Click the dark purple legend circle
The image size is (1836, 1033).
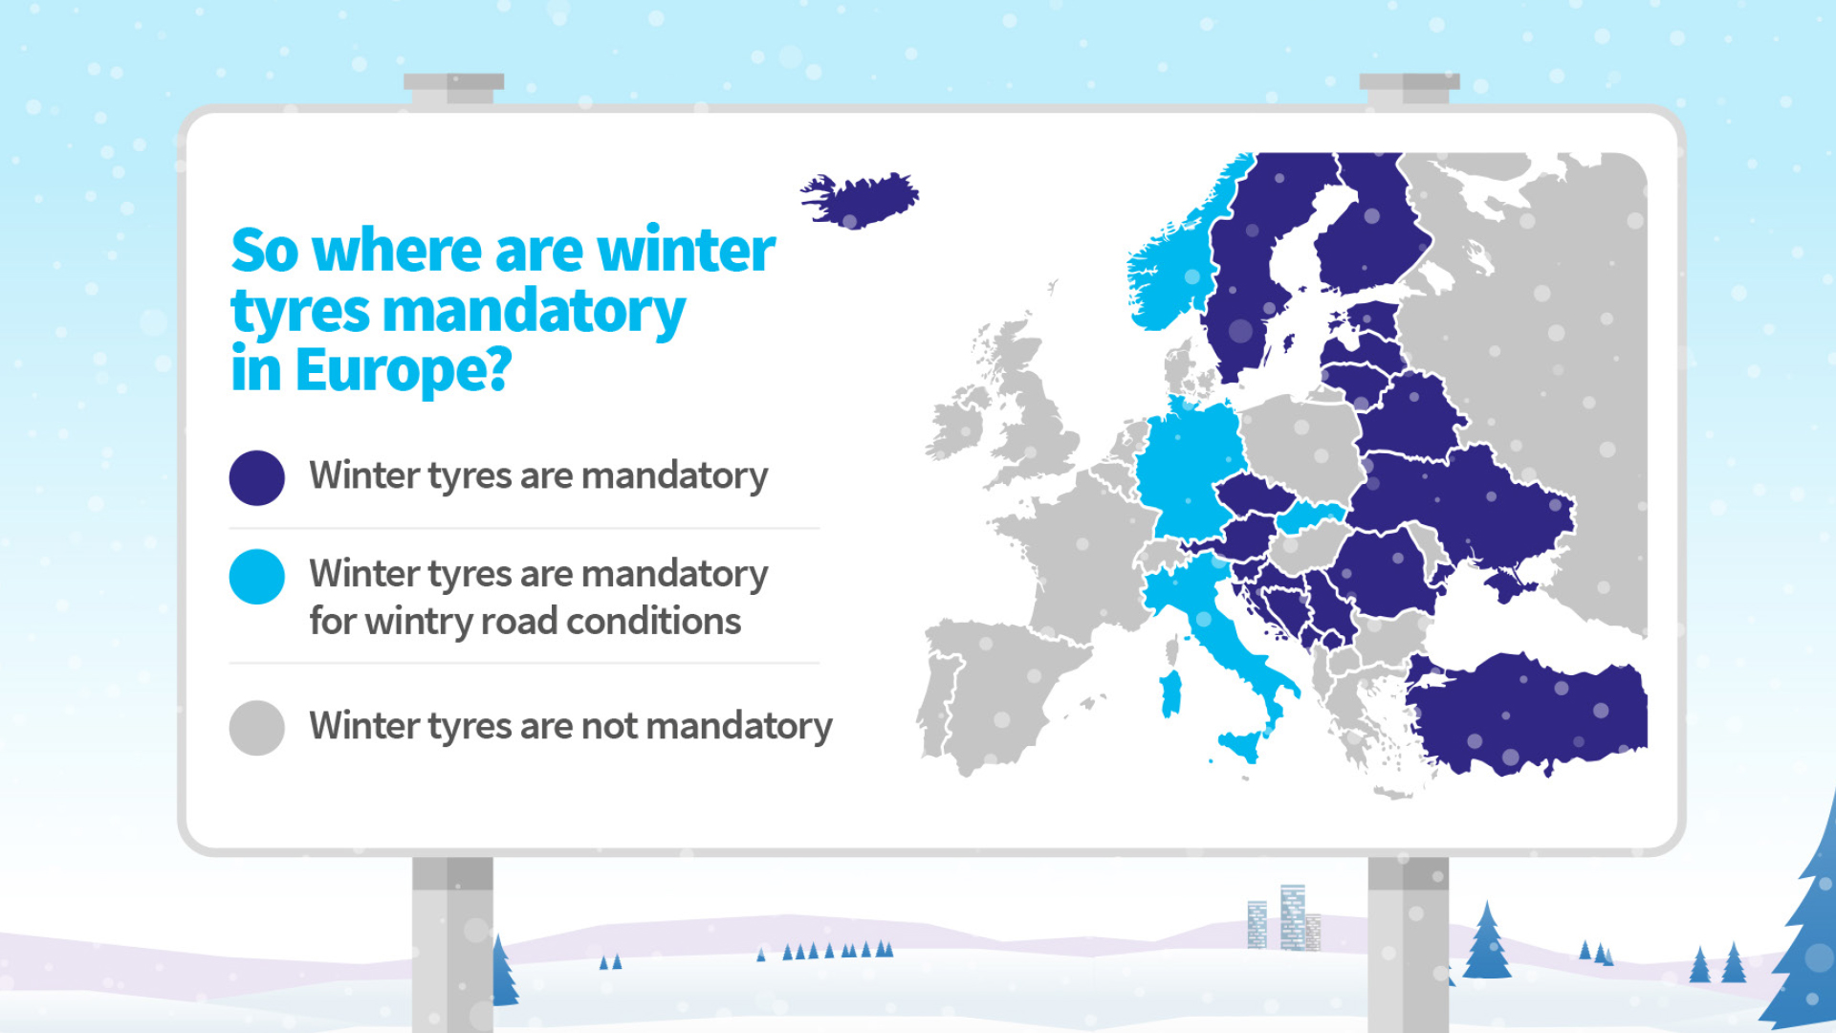tap(257, 477)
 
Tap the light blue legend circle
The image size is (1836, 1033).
tap(257, 577)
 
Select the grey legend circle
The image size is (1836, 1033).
tap(257, 728)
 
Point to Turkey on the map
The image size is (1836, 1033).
tap(1530, 713)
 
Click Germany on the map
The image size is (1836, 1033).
tap(1191, 469)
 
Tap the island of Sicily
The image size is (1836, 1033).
tap(1241, 744)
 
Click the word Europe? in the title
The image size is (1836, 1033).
tap(404, 371)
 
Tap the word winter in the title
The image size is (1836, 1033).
tap(686, 251)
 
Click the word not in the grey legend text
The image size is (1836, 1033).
tap(609, 727)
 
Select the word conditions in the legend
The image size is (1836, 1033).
tap(653, 622)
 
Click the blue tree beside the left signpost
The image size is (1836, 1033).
tap(503, 970)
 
